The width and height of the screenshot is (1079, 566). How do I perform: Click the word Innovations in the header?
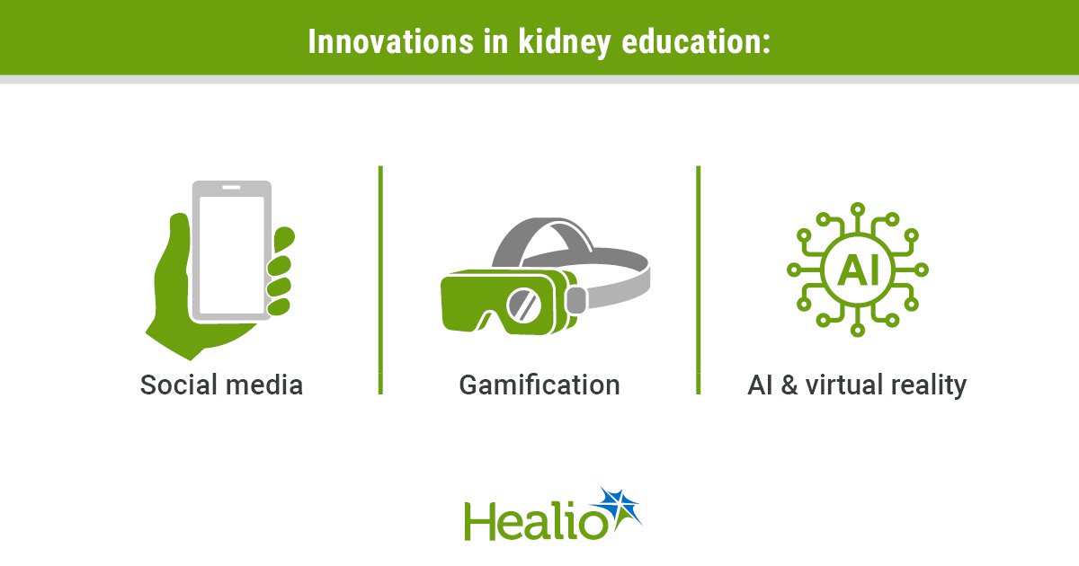pyautogui.click(x=390, y=41)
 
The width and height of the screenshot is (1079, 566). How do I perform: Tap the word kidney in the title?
pyautogui.click(x=565, y=43)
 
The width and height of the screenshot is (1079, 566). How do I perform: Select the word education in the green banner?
pyautogui.click(x=696, y=41)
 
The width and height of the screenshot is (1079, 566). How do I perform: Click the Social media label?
pyautogui.click(x=221, y=385)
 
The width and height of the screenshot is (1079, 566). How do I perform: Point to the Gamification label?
pyautogui.click(x=539, y=385)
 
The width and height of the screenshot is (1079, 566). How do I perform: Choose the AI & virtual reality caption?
pyautogui.click(x=857, y=386)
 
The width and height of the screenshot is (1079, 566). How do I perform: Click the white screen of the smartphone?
pyautogui.click(x=232, y=255)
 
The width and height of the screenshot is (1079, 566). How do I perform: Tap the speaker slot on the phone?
pyautogui.click(x=231, y=187)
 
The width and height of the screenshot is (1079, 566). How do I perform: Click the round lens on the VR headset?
pyautogui.click(x=523, y=305)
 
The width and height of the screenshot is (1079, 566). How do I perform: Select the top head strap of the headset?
pyautogui.click(x=543, y=241)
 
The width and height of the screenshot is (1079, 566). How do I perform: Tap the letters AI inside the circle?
pyautogui.click(x=858, y=270)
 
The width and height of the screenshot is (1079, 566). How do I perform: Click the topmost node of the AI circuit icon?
pyautogui.click(x=858, y=209)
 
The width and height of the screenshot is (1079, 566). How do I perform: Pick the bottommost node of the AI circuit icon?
pyautogui.click(x=858, y=331)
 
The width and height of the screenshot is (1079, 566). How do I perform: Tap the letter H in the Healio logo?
pyautogui.click(x=478, y=521)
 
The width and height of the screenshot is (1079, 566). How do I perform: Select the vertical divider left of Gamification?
pyautogui.click(x=380, y=280)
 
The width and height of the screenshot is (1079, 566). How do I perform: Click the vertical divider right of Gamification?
pyautogui.click(x=699, y=280)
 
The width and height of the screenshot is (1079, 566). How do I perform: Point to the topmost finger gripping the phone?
pyautogui.click(x=284, y=239)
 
